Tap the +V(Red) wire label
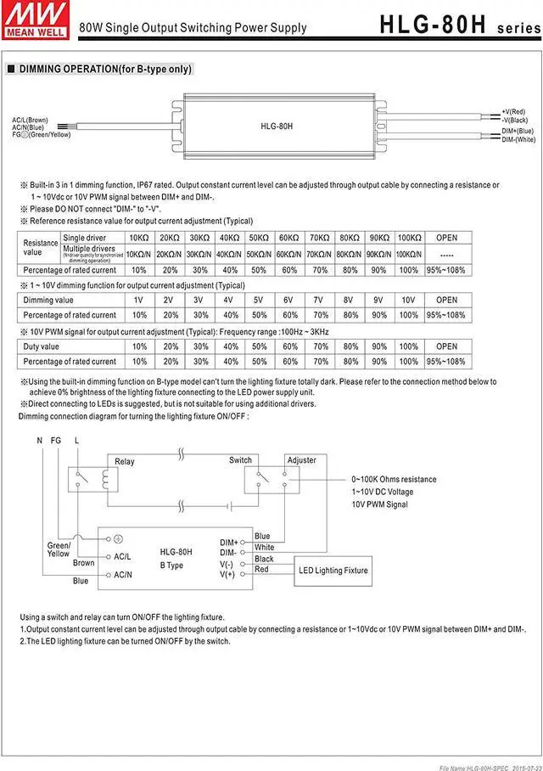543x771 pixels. (x=513, y=112)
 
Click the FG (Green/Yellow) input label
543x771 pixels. (x=42, y=135)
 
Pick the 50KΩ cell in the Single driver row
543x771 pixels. (x=258, y=238)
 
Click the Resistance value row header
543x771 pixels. (x=39, y=247)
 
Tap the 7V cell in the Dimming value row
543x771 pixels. (x=318, y=300)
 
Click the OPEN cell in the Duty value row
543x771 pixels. (x=446, y=346)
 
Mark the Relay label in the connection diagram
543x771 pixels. (x=125, y=462)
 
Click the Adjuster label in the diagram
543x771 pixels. (x=301, y=460)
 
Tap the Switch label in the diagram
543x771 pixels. (x=240, y=460)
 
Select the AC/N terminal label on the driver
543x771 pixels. (x=122, y=575)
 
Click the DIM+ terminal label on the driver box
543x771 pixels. (x=228, y=542)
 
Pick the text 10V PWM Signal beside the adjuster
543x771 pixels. (x=379, y=504)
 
